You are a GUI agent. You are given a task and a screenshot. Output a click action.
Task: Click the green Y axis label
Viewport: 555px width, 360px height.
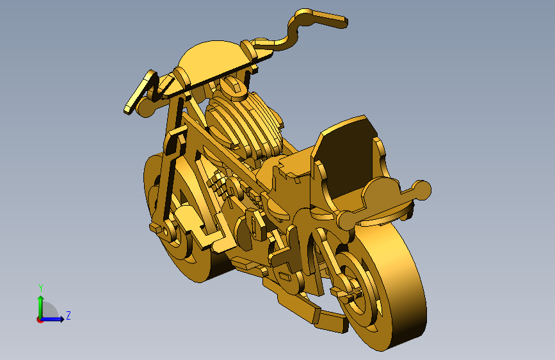pyautogui.click(x=41, y=288)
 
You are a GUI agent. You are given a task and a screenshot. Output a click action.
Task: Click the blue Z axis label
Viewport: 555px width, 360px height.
pyautogui.click(x=68, y=315)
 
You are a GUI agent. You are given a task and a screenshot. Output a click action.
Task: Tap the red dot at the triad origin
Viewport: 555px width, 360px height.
pyautogui.click(x=40, y=320)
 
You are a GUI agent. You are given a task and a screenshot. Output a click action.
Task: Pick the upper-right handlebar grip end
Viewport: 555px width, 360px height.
pyautogui.click(x=343, y=22)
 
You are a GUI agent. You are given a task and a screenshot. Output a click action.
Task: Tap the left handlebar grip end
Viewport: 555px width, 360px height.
pyautogui.click(x=127, y=109)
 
